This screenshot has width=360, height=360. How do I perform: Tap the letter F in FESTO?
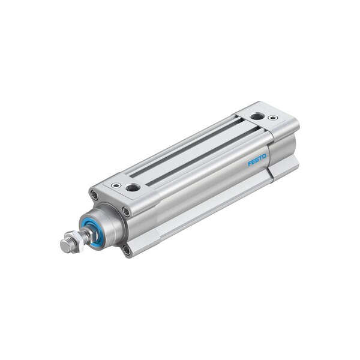tap(250, 164)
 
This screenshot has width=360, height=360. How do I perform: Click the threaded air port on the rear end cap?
tap(257, 116)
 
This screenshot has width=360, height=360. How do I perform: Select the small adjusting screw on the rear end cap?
tap(273, 118)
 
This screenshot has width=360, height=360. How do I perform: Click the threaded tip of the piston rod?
tap(64, 247)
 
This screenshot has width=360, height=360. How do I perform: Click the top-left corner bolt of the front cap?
tap(94, 195)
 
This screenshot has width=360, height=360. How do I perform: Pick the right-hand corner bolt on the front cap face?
tap(126, 211)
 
